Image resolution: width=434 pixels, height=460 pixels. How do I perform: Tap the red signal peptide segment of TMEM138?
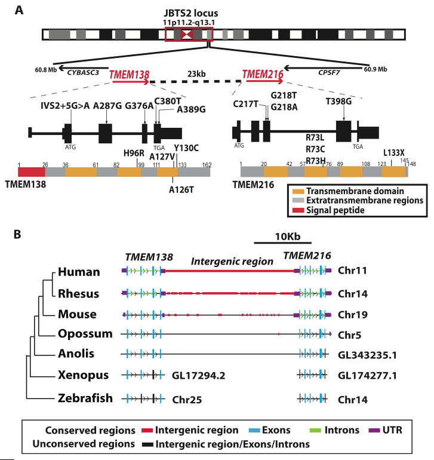pyautogui.click(x=32, y=171)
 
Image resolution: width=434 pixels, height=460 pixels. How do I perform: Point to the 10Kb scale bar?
pyautogui.click(x=282, y=243)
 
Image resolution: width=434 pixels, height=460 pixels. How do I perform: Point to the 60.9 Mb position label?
pyautogui.click(x=375, y=69)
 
